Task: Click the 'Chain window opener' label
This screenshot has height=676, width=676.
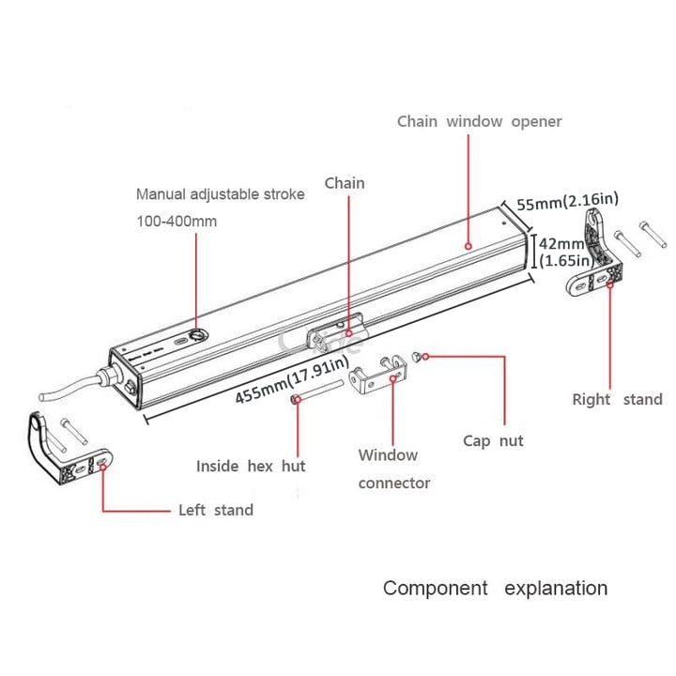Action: (479, 122)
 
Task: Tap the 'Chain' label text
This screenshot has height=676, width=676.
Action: (344, 183)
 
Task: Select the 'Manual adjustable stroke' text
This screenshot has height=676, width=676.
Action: (221, 195)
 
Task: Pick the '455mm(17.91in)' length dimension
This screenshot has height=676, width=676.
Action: (292, 380)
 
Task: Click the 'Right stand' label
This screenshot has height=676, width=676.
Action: (617, 399)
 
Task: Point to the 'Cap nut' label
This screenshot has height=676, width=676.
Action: (493, 439)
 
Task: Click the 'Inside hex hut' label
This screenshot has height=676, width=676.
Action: (251, 466)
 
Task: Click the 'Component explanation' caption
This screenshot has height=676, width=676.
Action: (495, 589)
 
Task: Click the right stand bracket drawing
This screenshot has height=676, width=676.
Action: (596, 258)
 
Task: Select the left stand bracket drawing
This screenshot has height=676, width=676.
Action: (66, 451)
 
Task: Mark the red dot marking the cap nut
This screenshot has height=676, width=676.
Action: (426, 357)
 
